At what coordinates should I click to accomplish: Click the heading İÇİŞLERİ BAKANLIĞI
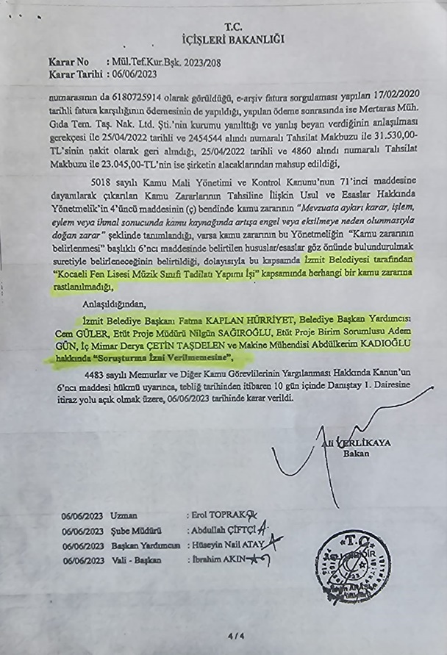[223, 39]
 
